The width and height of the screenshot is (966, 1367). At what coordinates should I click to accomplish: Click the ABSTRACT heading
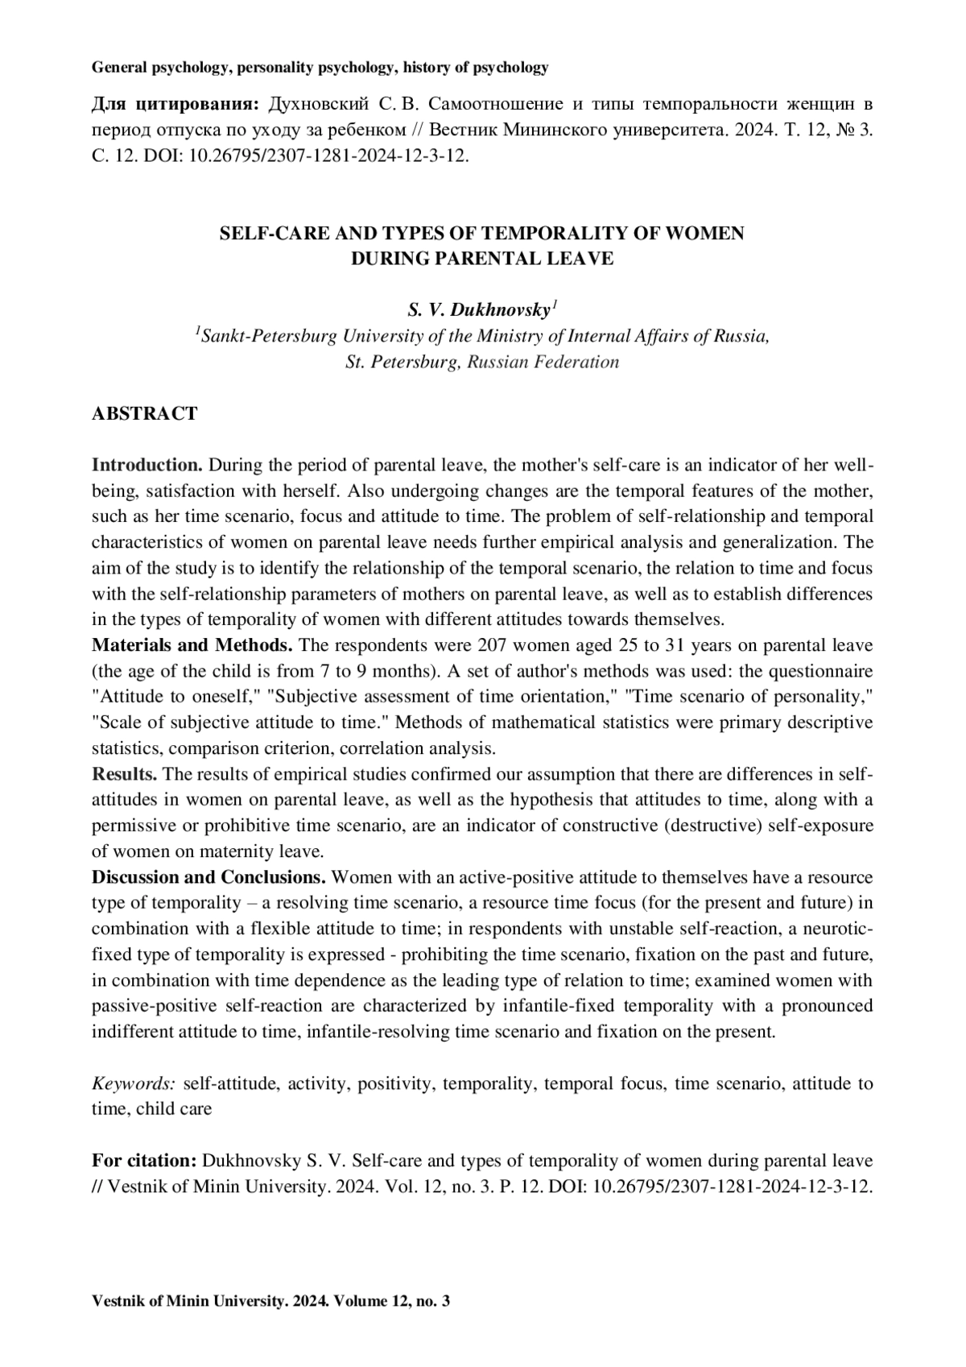[144, 414]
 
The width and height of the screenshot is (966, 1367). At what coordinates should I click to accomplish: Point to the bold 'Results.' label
[125, 774]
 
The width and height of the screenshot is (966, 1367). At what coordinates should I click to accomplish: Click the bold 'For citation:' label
[144, 1161]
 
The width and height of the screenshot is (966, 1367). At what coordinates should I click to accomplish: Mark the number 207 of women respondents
[493, 645]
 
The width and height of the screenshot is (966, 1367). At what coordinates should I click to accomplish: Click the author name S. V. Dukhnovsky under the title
[478, 310]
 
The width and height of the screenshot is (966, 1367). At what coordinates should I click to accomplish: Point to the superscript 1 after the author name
[555, 304]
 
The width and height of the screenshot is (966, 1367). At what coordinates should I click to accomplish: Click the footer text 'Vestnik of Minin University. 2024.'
[207, 1301]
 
